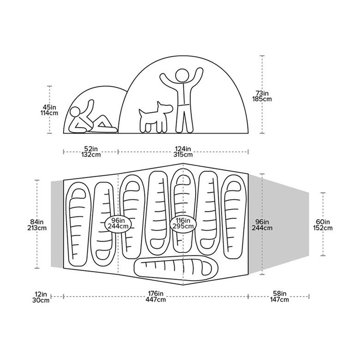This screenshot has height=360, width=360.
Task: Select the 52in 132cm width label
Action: (90, 151)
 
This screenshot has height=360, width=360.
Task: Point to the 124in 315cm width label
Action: (183, 151)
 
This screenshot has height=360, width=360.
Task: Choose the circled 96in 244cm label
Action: (118, 223)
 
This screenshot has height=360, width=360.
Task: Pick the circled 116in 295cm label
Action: (183, 223)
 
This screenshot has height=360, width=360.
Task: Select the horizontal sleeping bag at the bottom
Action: (176, 267)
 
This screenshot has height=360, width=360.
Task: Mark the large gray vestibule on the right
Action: (278, 224)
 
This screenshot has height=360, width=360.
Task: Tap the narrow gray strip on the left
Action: (57, 224)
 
